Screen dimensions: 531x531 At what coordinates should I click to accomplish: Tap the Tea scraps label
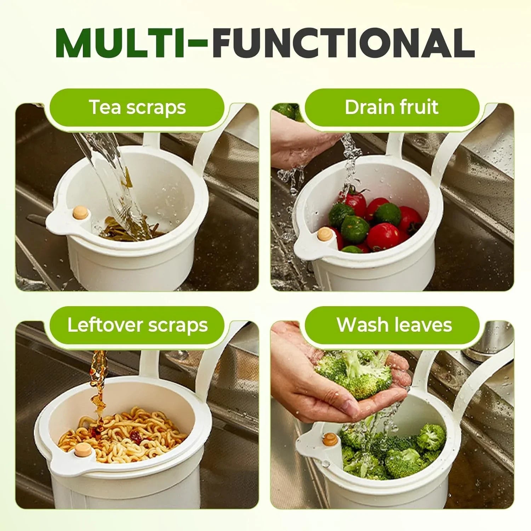pyautogui.click(x=137, y=107)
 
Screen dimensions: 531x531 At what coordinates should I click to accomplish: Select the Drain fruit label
pyautogui.click(x=392, y=107)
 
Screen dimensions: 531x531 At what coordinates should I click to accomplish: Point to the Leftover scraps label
pyautogui.click(x=137, y=325)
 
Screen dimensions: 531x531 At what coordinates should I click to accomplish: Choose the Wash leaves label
pyautogui.click(x=394, y=325)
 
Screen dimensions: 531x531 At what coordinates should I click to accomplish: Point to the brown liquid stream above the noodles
pyautogui.click(x=99, y=382)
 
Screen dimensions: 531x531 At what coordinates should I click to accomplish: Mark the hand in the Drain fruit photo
pyautogui.click(x=301, y=145)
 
